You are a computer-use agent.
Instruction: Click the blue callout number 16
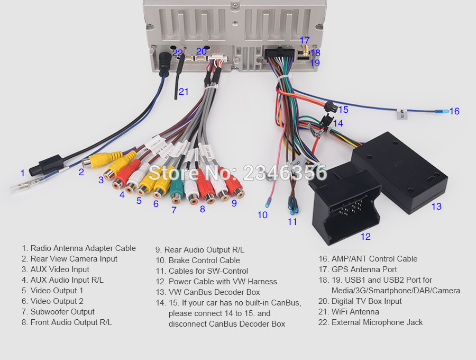(x=454, y=111)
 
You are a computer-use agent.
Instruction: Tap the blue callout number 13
(x=436, y=206)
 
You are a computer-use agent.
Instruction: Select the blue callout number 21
(x=184, y=92)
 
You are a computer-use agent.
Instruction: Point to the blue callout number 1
(x=22, y=173)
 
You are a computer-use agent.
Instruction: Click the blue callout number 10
(x=262, y=215)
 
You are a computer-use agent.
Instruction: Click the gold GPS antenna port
(x=305, y=50)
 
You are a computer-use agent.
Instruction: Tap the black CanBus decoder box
(x=399, y=172)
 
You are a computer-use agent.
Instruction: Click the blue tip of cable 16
(x=442, y=112)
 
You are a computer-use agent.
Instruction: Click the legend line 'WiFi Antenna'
(x=349, y=312)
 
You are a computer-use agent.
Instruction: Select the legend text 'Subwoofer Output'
(x=58, y=312)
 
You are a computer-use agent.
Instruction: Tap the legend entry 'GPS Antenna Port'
(x=358, y=269)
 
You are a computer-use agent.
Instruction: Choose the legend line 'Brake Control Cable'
(x=198, y=260)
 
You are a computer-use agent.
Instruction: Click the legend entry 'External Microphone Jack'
(x=370, y=322)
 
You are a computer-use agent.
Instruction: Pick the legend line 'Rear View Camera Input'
(x=69, y=259)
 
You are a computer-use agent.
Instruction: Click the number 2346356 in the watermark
(x=285, y=173)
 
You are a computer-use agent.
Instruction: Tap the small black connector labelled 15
(x=330, y=107)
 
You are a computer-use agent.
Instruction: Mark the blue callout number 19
(x=315, y=63)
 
